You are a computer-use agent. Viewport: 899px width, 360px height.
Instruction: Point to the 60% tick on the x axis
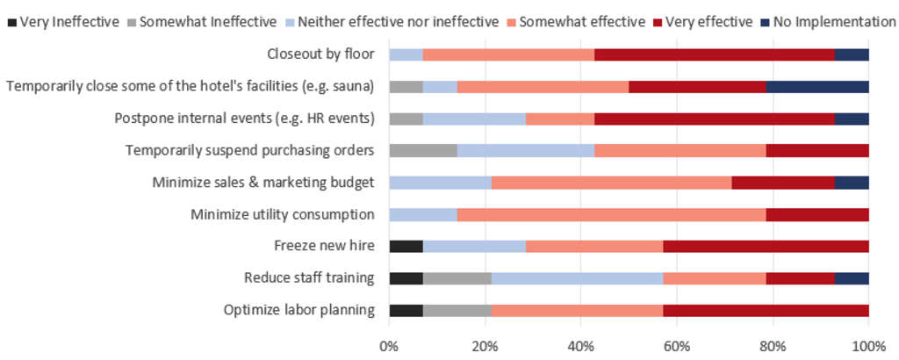point(676,345)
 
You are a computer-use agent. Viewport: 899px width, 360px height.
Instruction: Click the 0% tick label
point(389,345)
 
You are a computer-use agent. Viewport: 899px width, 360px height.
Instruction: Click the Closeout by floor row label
point(320,54)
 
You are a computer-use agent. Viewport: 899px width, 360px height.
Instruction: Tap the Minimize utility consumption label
point(283,214)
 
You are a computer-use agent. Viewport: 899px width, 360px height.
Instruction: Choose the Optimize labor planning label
point(299,309)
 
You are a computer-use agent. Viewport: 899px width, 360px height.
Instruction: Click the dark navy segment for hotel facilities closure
point(817,87)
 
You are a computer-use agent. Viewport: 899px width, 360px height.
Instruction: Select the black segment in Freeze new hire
point(406,246)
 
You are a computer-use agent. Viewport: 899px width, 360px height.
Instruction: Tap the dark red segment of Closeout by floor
point(714,54)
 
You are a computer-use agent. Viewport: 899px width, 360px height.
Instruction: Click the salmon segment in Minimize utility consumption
point(611,214)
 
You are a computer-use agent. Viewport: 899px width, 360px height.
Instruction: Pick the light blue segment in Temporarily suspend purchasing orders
point(525,150)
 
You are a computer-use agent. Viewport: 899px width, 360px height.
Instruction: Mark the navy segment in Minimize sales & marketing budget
point(852,183)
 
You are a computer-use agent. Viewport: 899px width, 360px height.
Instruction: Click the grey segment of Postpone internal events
point(406,119)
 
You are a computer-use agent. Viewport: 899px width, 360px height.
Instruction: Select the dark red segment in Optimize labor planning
point(766,309)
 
